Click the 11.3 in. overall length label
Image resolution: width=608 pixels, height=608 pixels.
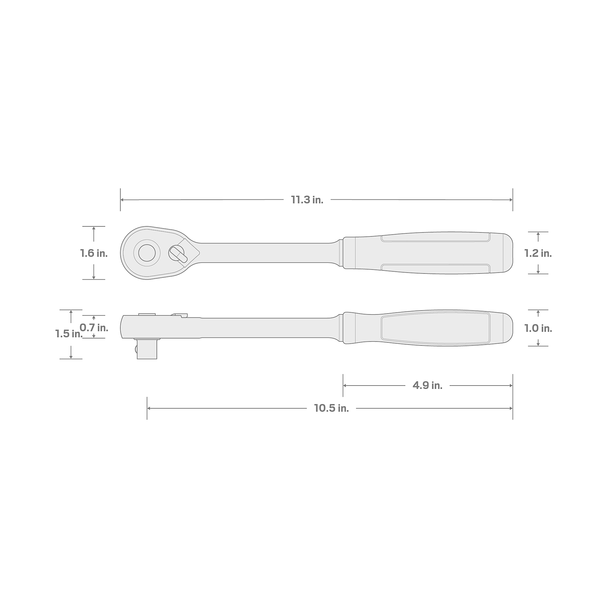pyautogui.click(x=307, y=200)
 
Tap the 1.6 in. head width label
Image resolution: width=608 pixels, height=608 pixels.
pyautogui.click(x=94, y=253)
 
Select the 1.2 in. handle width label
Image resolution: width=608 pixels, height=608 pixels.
pyautogui.click(x=538, y=253)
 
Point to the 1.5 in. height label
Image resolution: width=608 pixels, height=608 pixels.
pyautogui.click(x=69, y=333)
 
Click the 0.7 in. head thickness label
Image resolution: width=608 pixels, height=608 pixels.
pyautogui.click(x=94, y=328)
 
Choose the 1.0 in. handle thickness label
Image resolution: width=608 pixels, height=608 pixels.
pyautogui.click(x=538, y=328)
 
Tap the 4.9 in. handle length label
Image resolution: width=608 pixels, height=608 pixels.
pyautogui.click(x=427, y=385)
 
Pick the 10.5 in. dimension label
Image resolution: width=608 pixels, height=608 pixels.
pyautogui.click(x=331, y=408)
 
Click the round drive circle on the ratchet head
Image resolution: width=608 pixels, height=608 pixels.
pyautogui.click(x=147, y=253)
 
